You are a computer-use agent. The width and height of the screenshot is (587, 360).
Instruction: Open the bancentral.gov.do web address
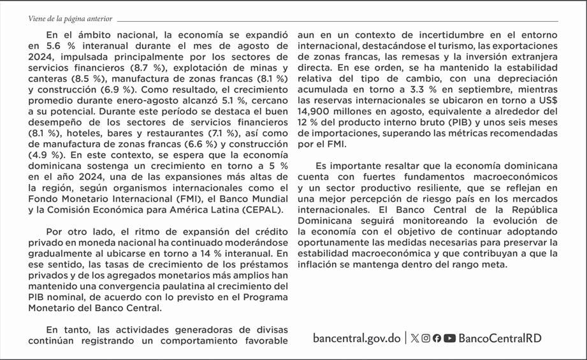356,338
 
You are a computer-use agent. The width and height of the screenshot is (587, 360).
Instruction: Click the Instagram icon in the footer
426,338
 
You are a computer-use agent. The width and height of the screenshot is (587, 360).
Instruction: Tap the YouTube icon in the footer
449,338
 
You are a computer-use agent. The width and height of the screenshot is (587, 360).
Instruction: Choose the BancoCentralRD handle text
500,338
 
